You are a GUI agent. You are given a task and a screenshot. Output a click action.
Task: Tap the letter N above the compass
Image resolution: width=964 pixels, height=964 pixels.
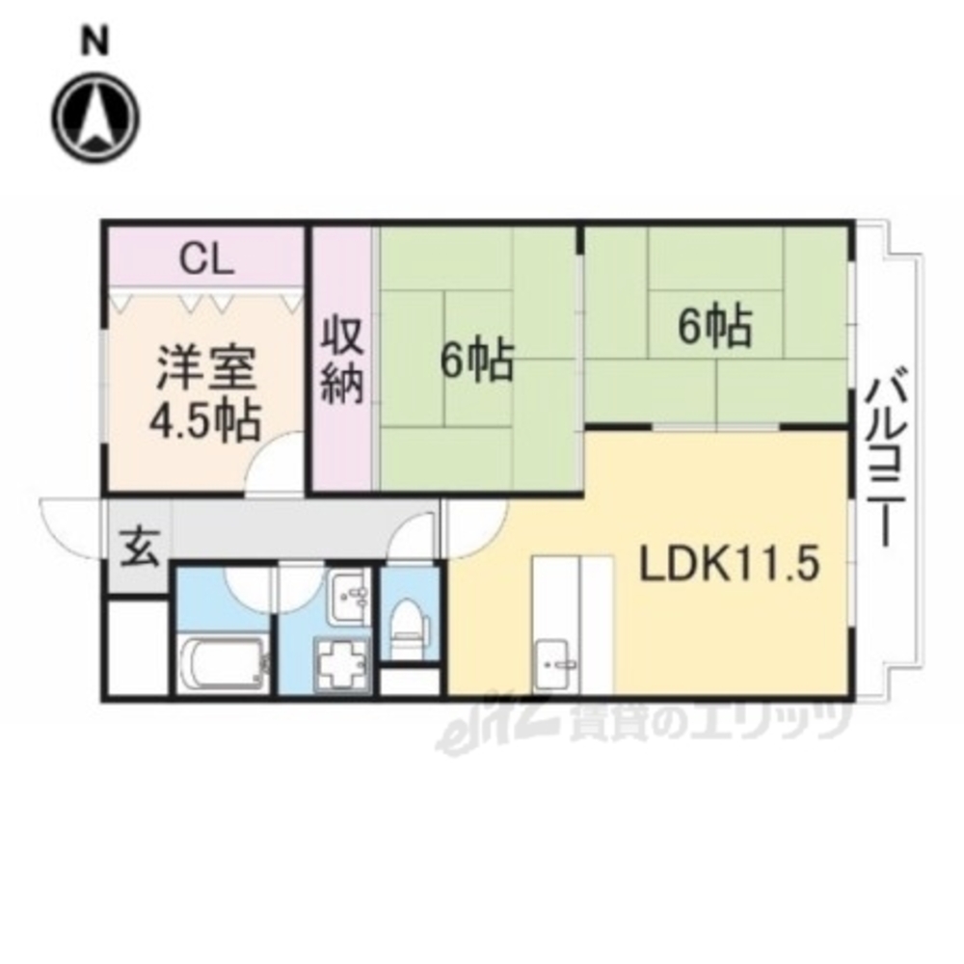[93, 40]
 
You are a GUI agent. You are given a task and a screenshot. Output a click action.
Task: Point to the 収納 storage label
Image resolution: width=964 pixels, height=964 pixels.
[341, 359]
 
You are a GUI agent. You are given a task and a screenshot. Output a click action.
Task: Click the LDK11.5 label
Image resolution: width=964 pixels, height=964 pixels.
[729, 566]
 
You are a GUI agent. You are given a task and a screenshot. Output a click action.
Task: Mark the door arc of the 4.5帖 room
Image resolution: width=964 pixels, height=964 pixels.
[274, 466]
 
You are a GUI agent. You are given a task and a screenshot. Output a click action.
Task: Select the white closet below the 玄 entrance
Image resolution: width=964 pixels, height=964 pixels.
[137, 646]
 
